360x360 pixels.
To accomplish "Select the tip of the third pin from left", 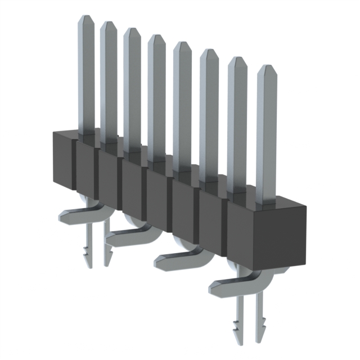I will tap(132, 31).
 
